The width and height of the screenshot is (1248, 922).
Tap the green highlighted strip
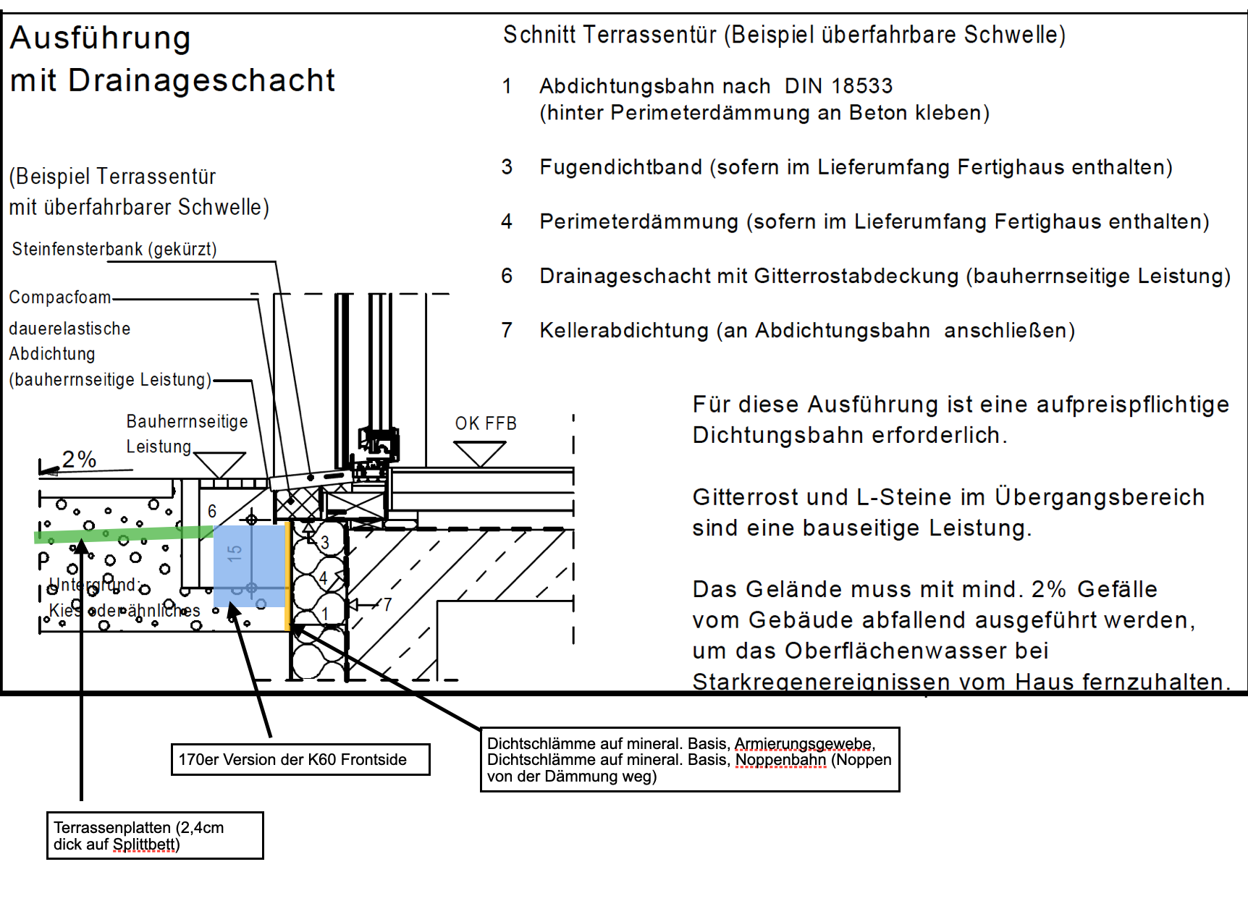pos(123,534)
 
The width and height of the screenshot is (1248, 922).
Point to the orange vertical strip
pos(289,575)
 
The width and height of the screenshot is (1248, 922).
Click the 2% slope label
pos(79,459)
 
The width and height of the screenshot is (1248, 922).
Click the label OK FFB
pos(486,423)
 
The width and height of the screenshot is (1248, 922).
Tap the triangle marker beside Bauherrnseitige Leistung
pos(220,464)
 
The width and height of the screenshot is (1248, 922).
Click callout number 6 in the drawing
pos(212,511)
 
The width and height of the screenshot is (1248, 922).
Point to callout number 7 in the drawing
pos(387,604)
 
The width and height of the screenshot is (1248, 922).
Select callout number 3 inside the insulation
pos(325,542)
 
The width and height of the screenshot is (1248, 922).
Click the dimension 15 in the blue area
pos(234,554)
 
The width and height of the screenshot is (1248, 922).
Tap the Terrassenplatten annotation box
pos(155,836)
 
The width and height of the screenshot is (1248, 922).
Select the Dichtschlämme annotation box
pos(690,759)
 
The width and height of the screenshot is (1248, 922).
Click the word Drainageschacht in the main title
pos(201,80)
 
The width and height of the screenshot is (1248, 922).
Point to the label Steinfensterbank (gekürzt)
pos(114,249)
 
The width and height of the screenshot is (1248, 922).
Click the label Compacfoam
pos(60,297)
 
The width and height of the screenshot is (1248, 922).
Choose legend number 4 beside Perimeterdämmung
pos(507,221)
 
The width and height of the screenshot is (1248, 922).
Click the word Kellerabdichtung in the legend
pos(624,331)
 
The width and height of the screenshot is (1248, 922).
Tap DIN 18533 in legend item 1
pos(838,86)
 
